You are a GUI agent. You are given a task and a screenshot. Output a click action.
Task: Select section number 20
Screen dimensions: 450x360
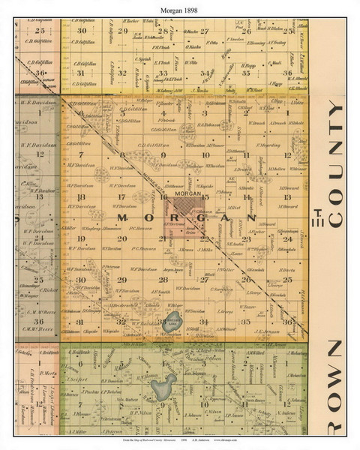click(x=120, y=238)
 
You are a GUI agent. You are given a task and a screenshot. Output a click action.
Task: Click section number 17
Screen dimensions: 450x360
click(x=120, y=196)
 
